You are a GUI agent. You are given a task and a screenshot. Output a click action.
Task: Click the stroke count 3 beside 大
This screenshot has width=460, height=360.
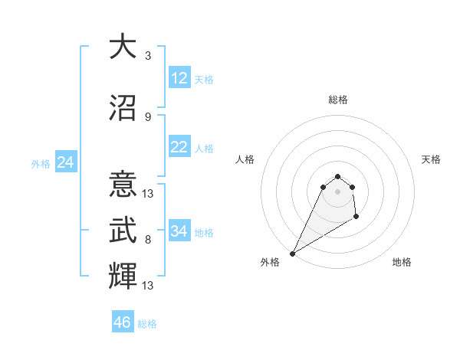[x=148, y=56]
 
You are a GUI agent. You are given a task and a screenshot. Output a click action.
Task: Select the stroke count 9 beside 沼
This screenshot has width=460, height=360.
[x=148, y=116]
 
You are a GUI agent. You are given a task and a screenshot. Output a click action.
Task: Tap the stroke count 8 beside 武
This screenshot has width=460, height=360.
[x=148, y=239]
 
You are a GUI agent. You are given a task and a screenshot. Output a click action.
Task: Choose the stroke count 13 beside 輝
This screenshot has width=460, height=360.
[x=148, y=286]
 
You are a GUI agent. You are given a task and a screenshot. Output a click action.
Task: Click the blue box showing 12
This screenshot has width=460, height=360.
[x=179, y=78]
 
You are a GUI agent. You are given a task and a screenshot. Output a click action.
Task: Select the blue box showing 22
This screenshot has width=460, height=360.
[x=179, y=148]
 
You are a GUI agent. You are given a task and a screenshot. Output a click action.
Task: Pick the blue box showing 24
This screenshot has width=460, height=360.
[x=65, y=162]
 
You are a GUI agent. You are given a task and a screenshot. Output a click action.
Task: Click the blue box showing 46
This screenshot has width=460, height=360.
[x=123, y=322]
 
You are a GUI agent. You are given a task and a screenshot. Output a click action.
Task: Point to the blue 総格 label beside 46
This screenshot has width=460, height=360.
[x=147, y=324]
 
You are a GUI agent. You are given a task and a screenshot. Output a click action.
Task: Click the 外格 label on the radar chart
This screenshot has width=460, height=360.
[x=270, y=263]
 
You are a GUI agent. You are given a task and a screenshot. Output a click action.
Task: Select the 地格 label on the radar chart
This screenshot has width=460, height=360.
[x=402, y=263]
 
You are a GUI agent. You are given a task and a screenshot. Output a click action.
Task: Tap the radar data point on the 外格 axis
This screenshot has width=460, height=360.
[x=292, y=254]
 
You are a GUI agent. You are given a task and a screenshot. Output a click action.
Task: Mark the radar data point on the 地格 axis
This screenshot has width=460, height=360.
[x=356, y=218]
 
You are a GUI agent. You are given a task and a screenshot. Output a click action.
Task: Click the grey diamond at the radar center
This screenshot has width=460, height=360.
[x=337, y=191]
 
